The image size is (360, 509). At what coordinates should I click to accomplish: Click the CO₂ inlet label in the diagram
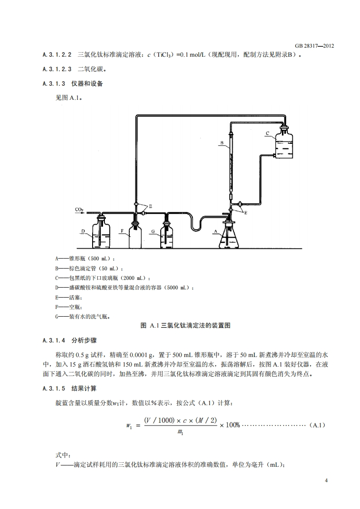79,210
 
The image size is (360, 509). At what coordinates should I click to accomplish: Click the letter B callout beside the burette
222,143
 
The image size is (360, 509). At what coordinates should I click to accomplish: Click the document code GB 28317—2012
314,46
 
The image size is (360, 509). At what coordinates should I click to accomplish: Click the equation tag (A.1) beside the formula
317,425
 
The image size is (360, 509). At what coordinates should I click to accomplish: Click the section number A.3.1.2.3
57,69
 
